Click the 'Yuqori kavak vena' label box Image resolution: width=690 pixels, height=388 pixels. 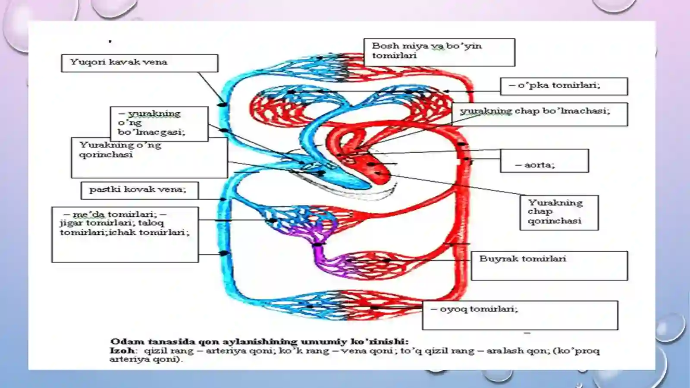[140, 63]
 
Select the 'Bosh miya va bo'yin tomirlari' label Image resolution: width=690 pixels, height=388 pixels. [427, 50]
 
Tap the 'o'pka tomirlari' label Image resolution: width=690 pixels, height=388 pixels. [555, 85]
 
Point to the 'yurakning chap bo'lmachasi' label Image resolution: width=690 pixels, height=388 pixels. [535, 111]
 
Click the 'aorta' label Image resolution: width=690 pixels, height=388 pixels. [535, 165]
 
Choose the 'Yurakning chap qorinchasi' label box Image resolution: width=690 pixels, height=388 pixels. [559, 213]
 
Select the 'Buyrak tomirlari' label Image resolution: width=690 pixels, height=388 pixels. [523, 259]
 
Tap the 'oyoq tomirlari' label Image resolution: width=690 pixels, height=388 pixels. [474, 309]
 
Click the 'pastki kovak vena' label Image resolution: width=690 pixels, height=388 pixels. [138, 189]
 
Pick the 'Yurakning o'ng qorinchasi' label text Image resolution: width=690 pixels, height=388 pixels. [120, 150]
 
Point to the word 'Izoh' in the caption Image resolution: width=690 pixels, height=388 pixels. [122, 350]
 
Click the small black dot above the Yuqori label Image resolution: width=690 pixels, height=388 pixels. [110, 41]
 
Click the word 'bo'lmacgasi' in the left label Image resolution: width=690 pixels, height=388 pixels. [151, 132]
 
